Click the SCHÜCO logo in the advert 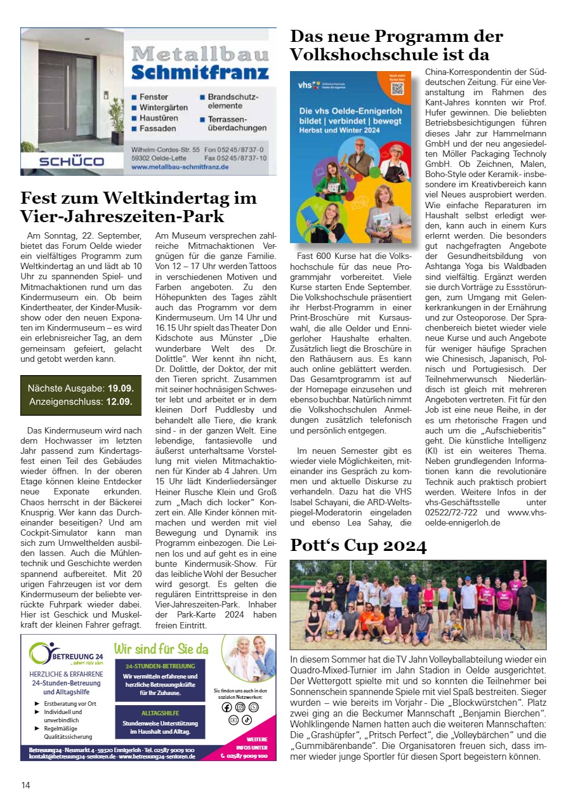tap(71, 161)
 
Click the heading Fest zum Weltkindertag tap(138, 197)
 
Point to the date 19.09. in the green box tap(120, 387)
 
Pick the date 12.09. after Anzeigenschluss tap(119, 401)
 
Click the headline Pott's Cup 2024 tap(358, 545)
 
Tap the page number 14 tap(25, 785)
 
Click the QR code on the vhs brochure tap(398, 88)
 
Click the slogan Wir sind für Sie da tap(161, 649)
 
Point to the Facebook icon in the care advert tap(227, 707)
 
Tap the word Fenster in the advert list tap(154, 97)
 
